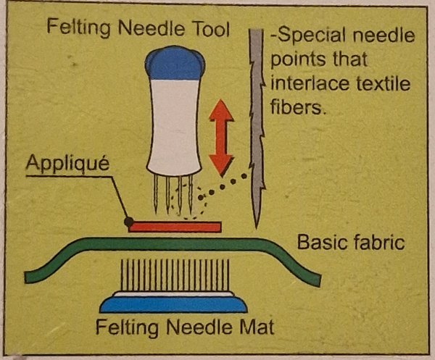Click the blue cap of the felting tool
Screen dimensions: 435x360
click(175, 63)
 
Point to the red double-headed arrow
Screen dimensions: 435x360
click(221, 138)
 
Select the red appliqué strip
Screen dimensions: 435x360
click(175, 227)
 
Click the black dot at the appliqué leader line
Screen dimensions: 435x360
click(129, 222)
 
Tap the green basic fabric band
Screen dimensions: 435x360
click(173, 245)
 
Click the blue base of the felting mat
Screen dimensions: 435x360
click(174, 304)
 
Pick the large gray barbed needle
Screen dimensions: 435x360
click(257, 127)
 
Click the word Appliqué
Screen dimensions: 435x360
click(67, 163)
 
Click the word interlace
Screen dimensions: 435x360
click(310, 83)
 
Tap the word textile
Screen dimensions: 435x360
click(384, 83)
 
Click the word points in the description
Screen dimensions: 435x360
click(298, 60)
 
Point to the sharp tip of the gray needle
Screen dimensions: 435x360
click(257, 228)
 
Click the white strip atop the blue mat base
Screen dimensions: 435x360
click(174, 294)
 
